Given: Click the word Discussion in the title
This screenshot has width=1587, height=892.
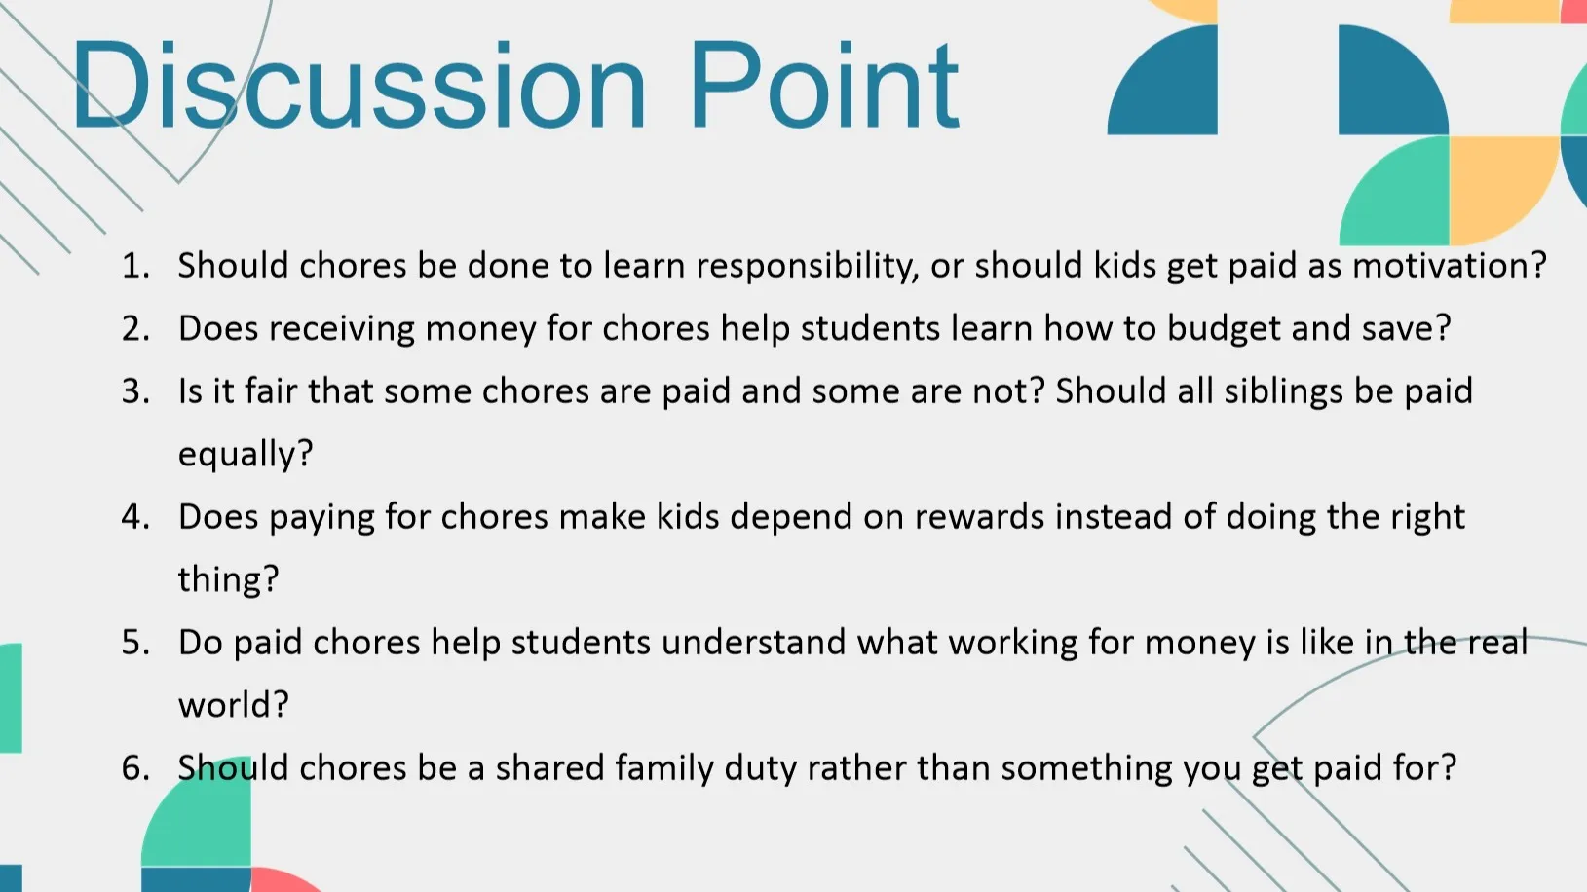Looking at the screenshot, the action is click(359, 85).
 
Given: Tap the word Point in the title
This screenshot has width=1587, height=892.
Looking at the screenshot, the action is click(824, 85).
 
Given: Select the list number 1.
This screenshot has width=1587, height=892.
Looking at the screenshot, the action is click(135, 266).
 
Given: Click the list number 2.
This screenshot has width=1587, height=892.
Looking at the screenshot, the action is click(135, 329).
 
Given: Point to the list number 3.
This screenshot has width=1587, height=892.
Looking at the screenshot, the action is click(135, 391).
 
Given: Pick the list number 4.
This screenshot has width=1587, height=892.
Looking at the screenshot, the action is click(135, 517).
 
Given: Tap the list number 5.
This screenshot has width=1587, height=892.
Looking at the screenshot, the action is click(135, 643).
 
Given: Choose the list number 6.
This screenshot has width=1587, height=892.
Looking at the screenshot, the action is click(135, 768).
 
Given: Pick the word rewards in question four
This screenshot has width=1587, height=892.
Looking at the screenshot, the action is click(979, 517).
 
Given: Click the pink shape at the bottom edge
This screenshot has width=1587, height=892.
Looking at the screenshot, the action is click(284, 880).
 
